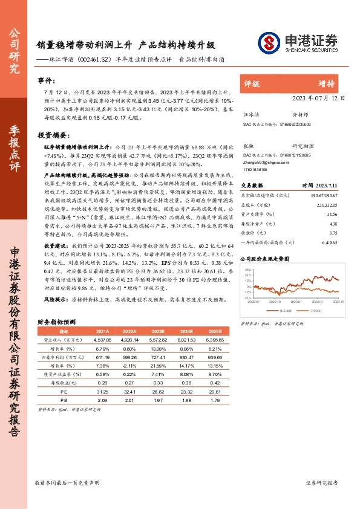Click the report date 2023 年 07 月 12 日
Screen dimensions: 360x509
click(319, 97)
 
